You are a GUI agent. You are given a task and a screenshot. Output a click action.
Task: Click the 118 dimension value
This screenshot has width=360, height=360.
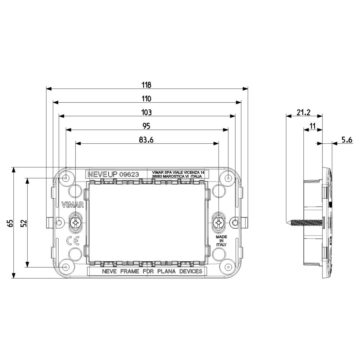click(x=147, y=85)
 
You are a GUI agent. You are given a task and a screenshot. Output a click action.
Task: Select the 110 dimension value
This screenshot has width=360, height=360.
click(x=147, y=99)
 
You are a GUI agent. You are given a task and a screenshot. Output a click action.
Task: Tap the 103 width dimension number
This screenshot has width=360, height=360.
click(x=147, y=112)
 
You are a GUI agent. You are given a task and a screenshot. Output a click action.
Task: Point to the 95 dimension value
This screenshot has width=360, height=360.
click(x=147, y=126)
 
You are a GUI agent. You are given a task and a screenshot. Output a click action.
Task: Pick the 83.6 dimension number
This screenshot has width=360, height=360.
click(x=146, y=140)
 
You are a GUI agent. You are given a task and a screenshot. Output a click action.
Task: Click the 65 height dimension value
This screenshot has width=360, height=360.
click(x=10, y=223)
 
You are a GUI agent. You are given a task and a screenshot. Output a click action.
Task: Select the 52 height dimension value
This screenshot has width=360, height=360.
click(x=24, y=223)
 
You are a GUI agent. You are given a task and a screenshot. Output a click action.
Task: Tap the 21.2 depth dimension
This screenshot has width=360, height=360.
click(x=303, y=112)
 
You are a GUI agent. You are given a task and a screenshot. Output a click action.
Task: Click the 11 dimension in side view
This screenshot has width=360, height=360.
click(x=312, y=126)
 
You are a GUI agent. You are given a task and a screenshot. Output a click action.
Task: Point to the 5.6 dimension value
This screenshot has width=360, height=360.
click(x=347, y=140)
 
